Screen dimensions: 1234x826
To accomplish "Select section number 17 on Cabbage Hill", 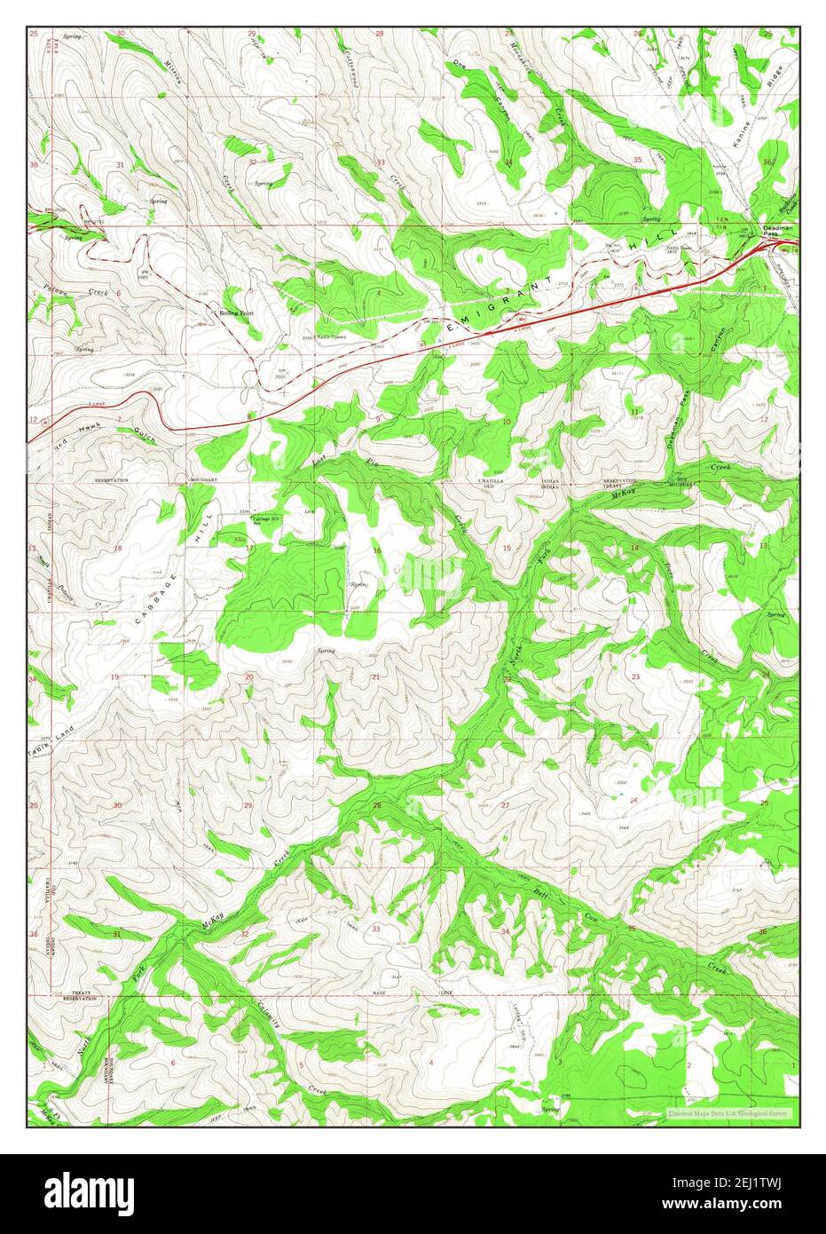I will pos(250,549).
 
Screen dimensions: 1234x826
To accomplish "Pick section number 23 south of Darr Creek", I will pos(635,676).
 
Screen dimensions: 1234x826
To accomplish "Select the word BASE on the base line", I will pos(379,993).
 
